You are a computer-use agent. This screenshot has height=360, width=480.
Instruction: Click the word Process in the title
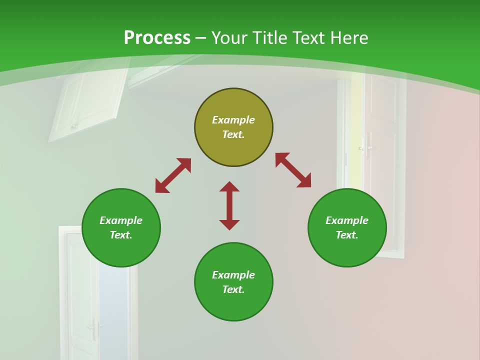(157, 38)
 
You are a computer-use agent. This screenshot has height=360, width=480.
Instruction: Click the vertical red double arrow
(229, 205)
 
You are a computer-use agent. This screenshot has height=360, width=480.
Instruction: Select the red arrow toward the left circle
(173, 175)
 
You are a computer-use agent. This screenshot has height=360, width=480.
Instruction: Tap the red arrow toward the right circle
(293, 170)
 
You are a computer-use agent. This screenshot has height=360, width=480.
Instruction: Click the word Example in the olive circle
(233, 120)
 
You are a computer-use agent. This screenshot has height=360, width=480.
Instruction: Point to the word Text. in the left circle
(121, 235)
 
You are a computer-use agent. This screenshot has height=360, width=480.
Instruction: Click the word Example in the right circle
(347, 220)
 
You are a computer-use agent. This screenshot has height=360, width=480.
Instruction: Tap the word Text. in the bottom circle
(233, 289)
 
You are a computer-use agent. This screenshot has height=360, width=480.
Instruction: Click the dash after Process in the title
(200, 38)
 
